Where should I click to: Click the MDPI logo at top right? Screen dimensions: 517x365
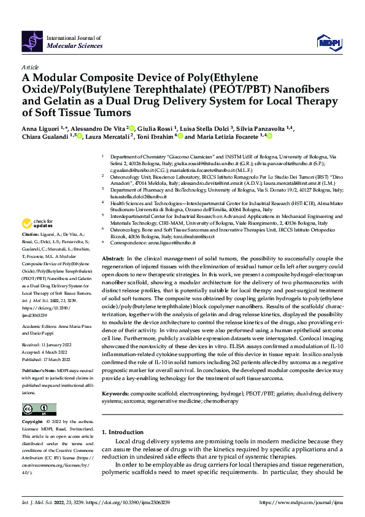click(x=326, y=41)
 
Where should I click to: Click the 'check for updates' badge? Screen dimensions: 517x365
click(x=38, y=223)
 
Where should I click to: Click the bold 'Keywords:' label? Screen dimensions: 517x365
click(x=118, y=375)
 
